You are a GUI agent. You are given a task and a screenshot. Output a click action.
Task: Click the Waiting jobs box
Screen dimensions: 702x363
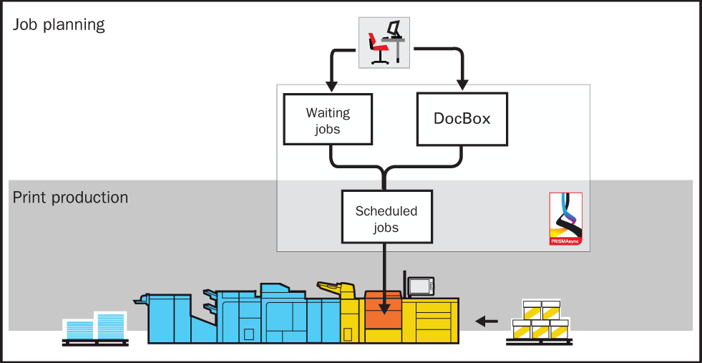tap(328, 119)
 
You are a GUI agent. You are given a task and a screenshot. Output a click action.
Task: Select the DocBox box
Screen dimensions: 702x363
tap(462, 119)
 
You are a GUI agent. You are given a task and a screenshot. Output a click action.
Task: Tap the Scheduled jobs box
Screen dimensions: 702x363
tap(386, 216)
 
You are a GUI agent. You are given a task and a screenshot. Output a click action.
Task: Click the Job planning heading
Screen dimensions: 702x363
tap(59, 24)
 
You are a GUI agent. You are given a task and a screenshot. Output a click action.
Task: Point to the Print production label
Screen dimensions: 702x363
tap(70, 198)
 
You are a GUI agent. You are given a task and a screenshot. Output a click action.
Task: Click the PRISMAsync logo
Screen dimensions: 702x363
tap(566, 219)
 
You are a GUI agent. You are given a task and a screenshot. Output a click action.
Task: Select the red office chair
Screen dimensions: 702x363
tap(377, 47)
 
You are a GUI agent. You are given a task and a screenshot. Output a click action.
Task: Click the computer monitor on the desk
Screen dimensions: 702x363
tap(394, 29)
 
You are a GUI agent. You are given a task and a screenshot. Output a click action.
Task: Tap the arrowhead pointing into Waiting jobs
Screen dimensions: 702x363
tap(331, 86)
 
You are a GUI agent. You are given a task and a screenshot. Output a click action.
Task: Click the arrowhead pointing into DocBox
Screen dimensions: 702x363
tap(462, 85)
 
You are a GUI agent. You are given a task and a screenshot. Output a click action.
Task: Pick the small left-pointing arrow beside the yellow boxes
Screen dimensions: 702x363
tap(486, 321)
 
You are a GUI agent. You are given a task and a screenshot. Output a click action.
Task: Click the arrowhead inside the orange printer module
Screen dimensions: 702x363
tap(384, 309)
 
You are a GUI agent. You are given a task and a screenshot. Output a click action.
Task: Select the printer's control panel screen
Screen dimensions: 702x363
tap(420, 286)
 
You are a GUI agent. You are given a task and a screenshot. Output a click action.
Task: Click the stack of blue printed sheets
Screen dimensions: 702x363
tap(95, 326)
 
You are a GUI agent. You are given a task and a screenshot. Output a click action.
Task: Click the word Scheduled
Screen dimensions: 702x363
tap(386, 210)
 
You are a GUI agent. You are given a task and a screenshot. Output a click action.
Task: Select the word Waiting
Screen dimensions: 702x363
tap(328, 112)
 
